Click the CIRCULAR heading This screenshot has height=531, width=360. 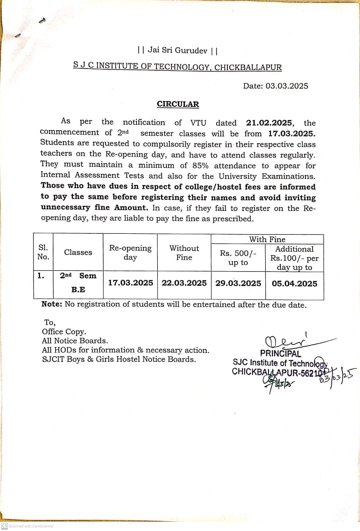pyautogui.click(x=178, y=104)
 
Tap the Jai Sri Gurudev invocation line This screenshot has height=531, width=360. pyautogui.click(x=178, y=50)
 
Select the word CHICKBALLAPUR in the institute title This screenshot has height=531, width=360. pyautogui.click(x=248, y=67)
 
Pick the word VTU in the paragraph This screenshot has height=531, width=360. pyautogui.click(x=198, y=123)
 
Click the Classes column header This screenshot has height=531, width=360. pyautogui.click(x=78, y=252)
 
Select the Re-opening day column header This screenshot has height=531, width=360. pyautogui.click(x=130, y=252)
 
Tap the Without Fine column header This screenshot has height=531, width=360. pyautogui.click(x=184, y=253)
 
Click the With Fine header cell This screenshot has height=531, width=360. pyautogui.click(x=267, y=239)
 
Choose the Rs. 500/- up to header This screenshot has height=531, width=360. pyautogui.click(x=238, y=258)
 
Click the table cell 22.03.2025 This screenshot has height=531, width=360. pyautogui.click(x=184, y=283)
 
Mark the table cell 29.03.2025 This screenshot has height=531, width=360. pyautogui.click(x=238, y=283)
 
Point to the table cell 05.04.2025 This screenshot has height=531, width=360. pyautogui.click(x=294, y=284)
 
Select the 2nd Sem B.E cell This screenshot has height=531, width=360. pyautogui.click(x=78, y=282)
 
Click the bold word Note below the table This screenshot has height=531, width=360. pyautogui.click(x=51, y=304)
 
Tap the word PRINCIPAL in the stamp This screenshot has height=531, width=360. pyautogui.click(x=280, y=354)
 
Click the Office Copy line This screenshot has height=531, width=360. pyautogui.click(x=64, y=332)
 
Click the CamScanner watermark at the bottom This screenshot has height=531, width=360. pyautogui.click(x=27, y=526)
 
